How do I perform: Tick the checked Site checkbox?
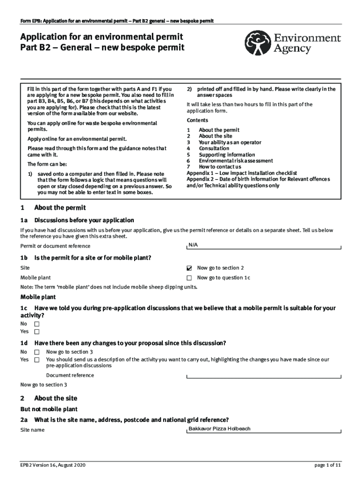[x=189, y=269]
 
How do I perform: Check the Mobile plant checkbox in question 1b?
[x=189, y=278]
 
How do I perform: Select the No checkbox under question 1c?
[x=37, y=324]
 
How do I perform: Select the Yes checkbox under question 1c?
[x=37, y=332]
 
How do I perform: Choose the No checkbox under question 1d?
[x=37, y=352]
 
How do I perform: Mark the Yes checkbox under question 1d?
[x=37, y=360]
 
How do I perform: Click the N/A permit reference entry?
[x=193, y=245]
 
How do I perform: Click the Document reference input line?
[x=264, y=376]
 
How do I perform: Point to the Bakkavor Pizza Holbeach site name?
[x=219, y=428]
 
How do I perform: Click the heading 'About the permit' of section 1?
[x=60, y=208]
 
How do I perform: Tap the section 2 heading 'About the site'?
[x=56, y=398]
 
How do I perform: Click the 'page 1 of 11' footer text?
[x=327, y=465]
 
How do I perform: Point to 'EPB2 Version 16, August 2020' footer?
[x=53, y=465]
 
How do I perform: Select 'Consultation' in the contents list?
[x=214, y=148]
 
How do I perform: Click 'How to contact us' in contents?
[x=220, y=167]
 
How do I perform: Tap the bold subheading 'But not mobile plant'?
[x=49, y=409]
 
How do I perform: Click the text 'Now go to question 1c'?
[x=223, y=278]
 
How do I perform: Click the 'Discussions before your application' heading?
[x=84, y=220]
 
